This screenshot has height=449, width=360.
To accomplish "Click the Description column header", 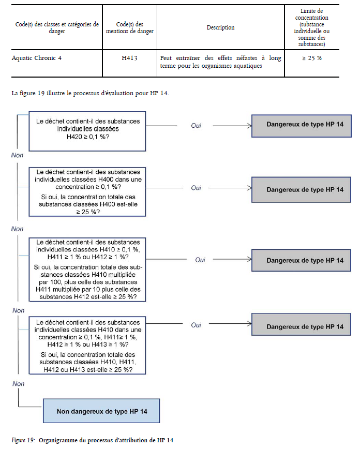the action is pos(220,27).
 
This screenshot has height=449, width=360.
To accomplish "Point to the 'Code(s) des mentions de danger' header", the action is pos(130,27).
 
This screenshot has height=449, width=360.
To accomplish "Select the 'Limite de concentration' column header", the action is pos(311,27).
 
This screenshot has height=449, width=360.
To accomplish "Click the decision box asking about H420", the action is pos(87,131).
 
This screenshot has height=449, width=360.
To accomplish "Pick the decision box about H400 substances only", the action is pos(87,192).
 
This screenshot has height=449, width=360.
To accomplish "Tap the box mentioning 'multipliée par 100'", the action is pos(87,270).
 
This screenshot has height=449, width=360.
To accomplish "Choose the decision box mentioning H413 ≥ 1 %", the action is pos(87,346).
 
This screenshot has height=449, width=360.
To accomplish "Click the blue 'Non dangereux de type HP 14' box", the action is pos(101,411).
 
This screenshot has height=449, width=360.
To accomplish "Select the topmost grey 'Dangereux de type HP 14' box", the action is pos(301,126).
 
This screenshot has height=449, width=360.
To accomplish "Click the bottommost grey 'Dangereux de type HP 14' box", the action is pos(301,324).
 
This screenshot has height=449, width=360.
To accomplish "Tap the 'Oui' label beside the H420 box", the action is pos(196,125).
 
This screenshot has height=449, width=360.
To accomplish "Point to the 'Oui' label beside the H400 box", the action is pos(196,188).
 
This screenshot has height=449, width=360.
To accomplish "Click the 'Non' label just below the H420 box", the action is pos(17,155).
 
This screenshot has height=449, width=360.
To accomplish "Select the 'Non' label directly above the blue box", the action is pos(18,384).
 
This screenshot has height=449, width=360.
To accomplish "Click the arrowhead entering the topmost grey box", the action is pos(250,126).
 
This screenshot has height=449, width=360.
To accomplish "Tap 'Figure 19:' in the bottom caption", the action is pos(23,440).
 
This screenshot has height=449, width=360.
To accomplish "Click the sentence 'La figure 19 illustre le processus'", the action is pos(90,93).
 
